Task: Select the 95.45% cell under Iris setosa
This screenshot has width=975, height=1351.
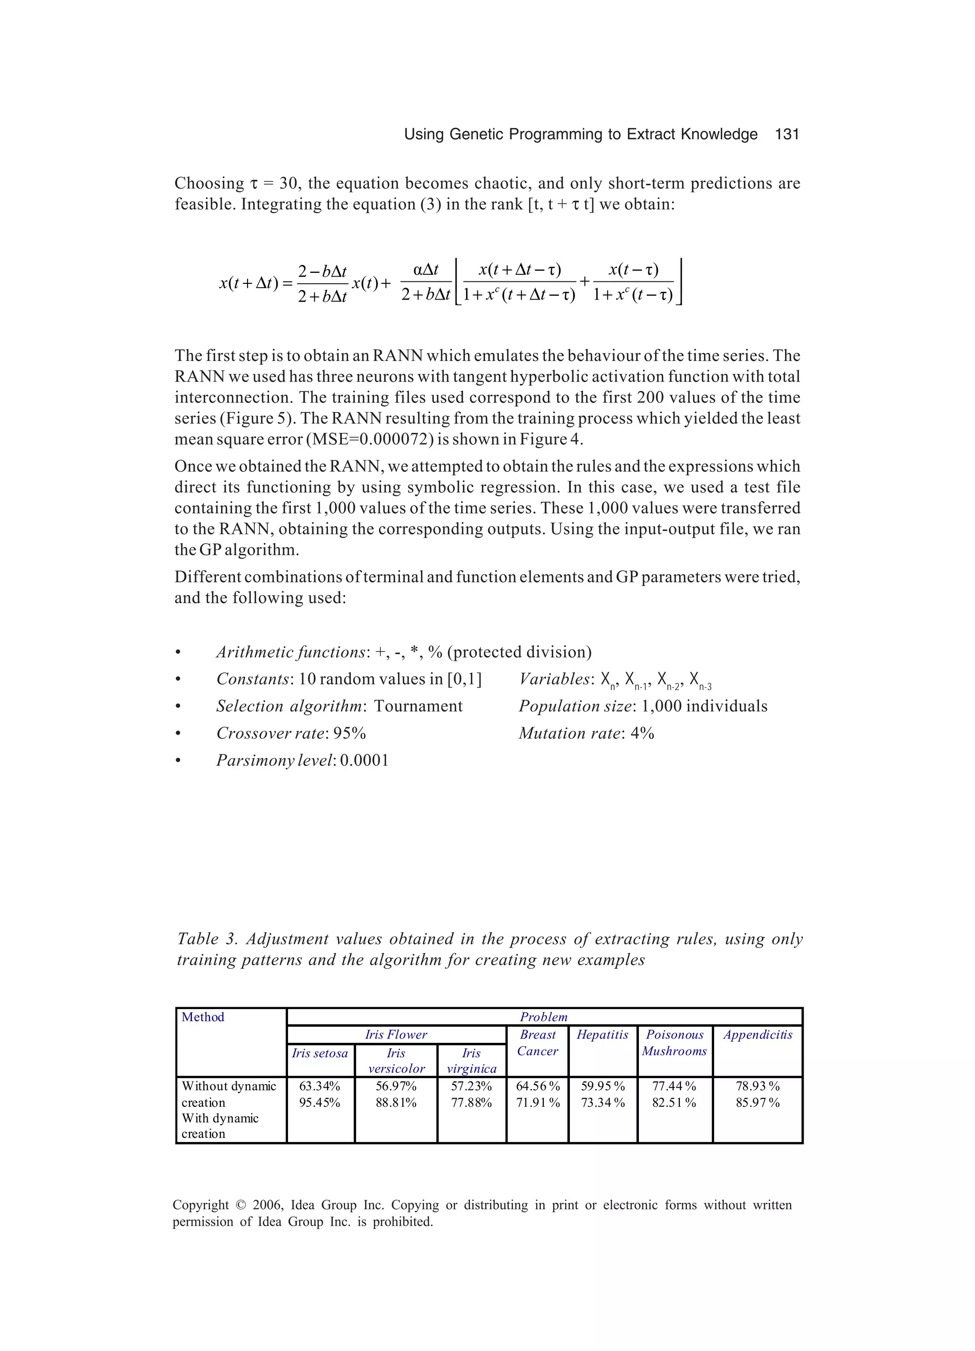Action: [319, 1102]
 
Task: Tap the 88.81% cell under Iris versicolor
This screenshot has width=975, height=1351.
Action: [396, 1102]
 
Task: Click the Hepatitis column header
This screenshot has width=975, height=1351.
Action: [602, 1035]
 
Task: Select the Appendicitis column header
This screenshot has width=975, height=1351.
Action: [757, 1035]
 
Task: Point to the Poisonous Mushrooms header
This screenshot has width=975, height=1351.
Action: [674, 1042]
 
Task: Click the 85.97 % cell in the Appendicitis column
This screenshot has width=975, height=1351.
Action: [757, 1102]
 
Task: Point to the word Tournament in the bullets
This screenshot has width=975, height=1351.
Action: [418, 707]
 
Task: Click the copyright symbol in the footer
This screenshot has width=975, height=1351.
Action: [240, 1205]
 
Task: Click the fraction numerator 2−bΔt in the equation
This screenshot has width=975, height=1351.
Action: [322, 271]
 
